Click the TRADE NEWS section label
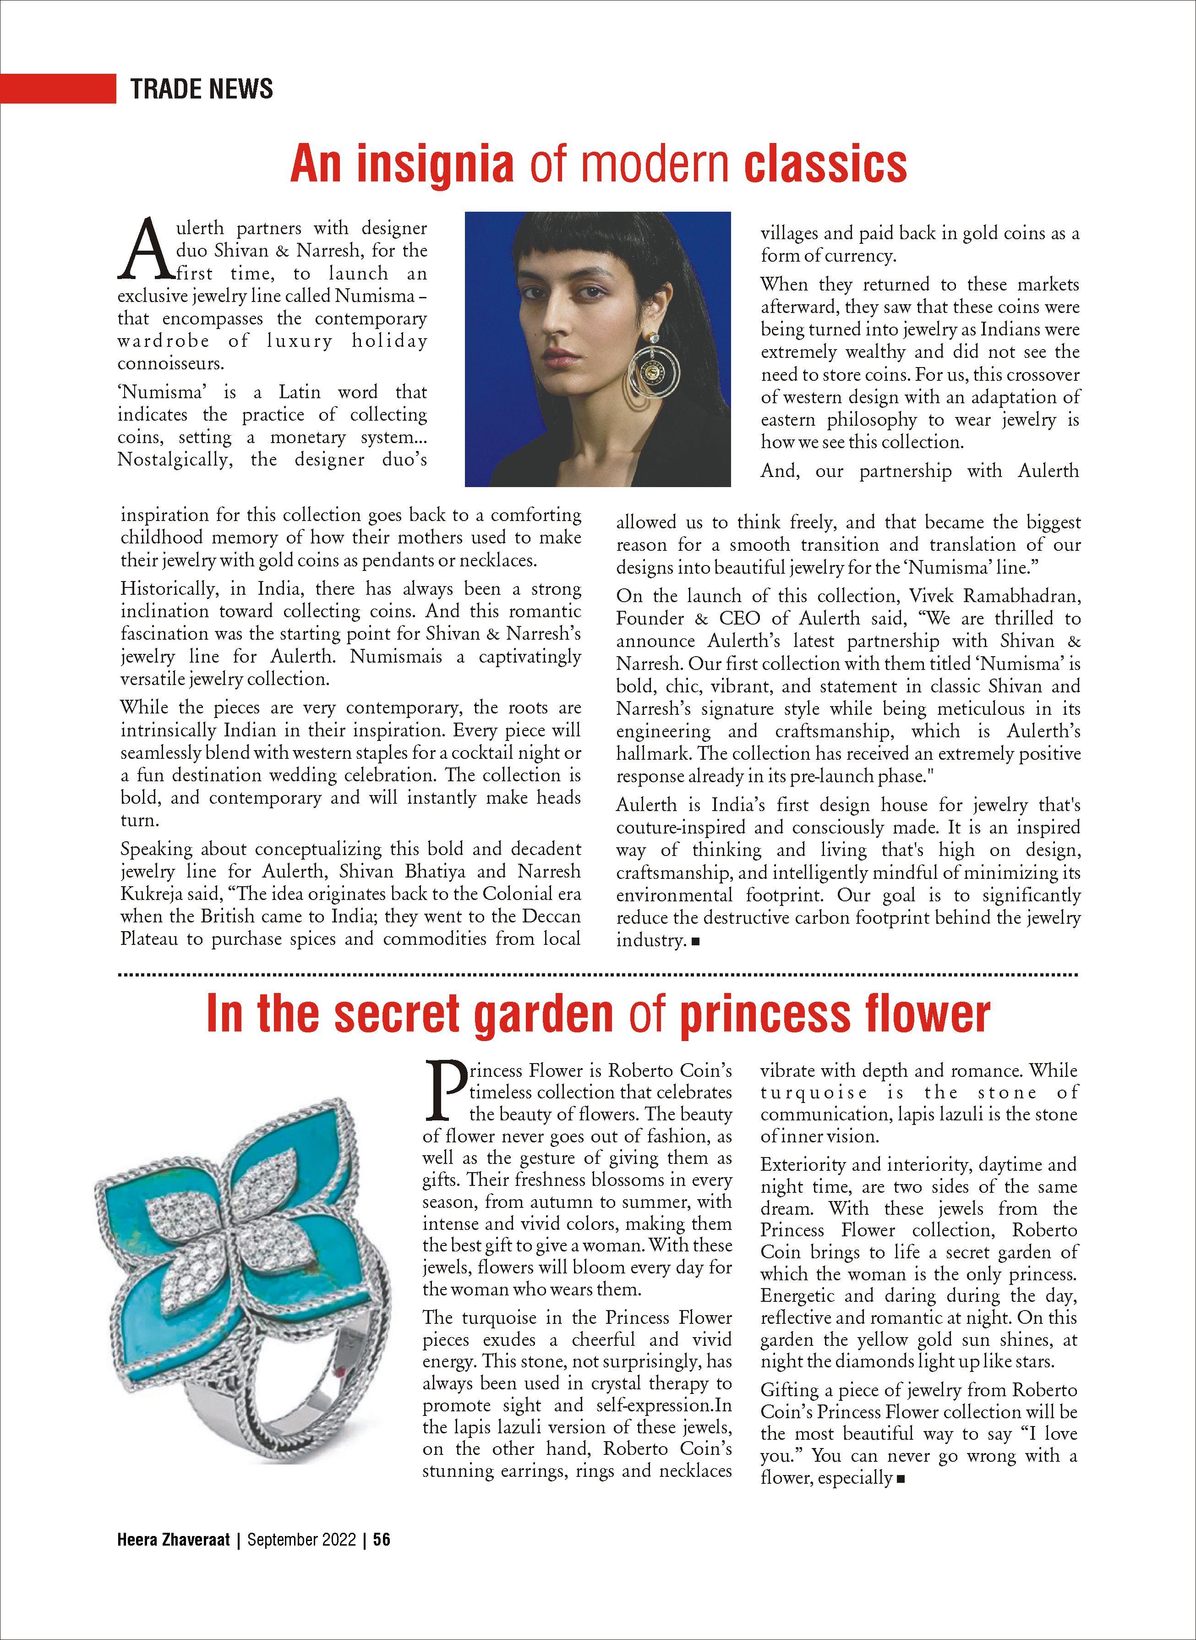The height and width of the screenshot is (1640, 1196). tap(201, 88)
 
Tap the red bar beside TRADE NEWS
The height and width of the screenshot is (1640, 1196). tap(58, 88)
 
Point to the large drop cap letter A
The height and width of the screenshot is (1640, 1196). tap(145, 250)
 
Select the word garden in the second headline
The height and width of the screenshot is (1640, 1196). tap(542, 1015)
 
